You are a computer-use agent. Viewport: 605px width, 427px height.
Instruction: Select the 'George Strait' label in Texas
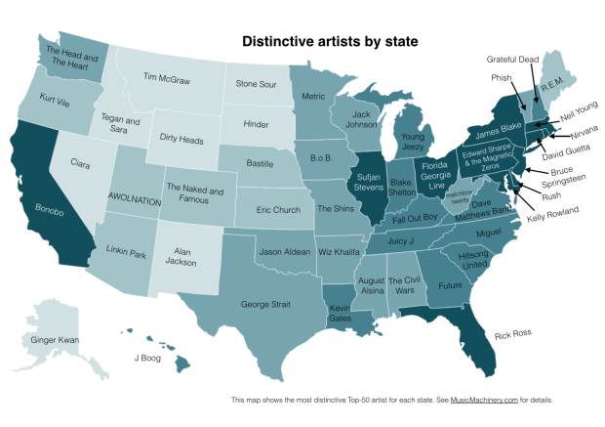pos(266,305)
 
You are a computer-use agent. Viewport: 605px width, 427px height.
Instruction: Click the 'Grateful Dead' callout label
pos(512,59)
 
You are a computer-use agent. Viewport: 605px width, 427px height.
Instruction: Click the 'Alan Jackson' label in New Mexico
pos(190,257)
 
